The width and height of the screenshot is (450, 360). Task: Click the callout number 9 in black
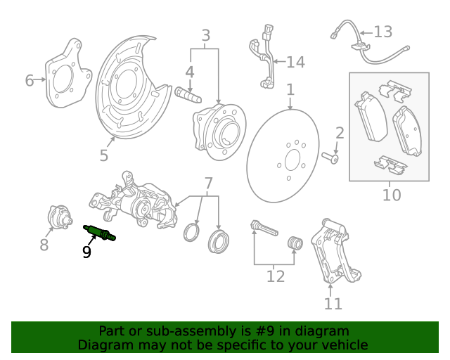pyautogui.click(x=86, y=252)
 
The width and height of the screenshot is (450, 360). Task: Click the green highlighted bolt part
pyautogui.click(x=100, y=233)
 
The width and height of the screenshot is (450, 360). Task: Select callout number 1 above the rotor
pyautogui.click(x=290, y=90)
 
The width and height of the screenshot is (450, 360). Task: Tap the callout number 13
pyautogui.click(x=382, y=32)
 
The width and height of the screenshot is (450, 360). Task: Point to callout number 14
pyautogui.click(x=295, y=63)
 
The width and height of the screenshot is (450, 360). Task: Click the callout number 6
pyautogui.click(x=30, y=81)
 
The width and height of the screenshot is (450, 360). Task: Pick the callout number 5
pyautogui.click(x=104, y=155)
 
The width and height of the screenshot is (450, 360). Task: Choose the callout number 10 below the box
pyautogui.click(x=391, y=195)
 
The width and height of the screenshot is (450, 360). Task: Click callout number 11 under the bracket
pyautogui.click(x=333, y=303)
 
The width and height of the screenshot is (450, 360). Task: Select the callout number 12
pyautogui.click(x=276, y=276)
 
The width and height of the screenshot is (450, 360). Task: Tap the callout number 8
pyautogui.click(x=44, y=245)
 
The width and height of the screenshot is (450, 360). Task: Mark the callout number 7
pyautogui.click(x=208, y=184)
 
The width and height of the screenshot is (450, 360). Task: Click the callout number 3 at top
pyautogui.click(x=205, y=35)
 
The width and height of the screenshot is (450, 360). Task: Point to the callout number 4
pyautogui.click(x=190, y=72)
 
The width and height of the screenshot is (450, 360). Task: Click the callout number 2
pyautogui.click(x=340, y=133)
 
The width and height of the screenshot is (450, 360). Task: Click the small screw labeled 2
pyautogui.click(x=330, y=157)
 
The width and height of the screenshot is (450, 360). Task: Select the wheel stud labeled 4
pyautogui.click(x=188, y=93)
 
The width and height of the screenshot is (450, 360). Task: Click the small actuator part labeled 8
pyautogui.click(x=58, y=216)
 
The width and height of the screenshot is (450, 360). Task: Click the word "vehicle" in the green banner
pyautogui.click(x=341, y=345)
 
